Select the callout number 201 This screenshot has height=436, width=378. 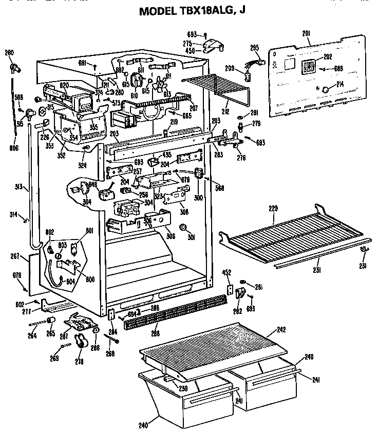(306, 34)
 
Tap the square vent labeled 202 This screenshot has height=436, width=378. (309, 67)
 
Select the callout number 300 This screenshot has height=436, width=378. (198, 197)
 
